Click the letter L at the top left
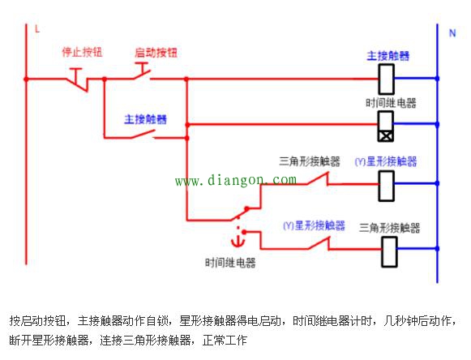point(36,29)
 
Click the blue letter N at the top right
point(452,32)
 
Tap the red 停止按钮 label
point(82,52)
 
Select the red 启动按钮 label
point(156,52)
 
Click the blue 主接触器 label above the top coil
point(388,56)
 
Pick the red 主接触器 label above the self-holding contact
point(145,119)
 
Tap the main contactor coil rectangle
point(388,79)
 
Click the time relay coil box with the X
point(388,125)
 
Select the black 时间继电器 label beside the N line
point(391,103)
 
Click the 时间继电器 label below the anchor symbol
point(230,263)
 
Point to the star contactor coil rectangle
point(388,185)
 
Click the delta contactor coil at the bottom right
point(389,252)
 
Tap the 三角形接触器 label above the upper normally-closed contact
point(310,161)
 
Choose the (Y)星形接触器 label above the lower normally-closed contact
point(314,225)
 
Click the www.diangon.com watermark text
point(236,180)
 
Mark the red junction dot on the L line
point(26,79)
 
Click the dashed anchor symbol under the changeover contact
point(239,239)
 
